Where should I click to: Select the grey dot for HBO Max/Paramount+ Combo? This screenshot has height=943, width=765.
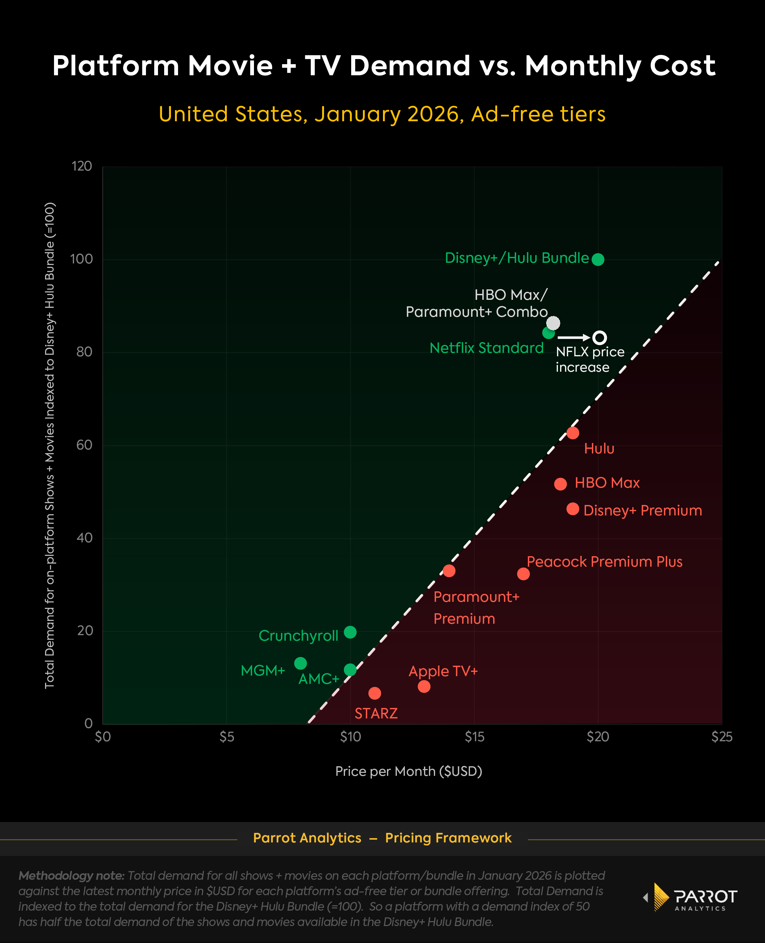point(553,323)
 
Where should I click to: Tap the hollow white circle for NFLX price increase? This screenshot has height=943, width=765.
point(599,338)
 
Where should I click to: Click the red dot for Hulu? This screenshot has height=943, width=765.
point(572,433)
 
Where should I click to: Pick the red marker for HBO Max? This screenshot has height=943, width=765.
point(560,484)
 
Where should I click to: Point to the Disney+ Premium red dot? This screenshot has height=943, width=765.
point(572,509)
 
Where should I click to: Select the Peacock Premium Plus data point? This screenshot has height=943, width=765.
point(523,574)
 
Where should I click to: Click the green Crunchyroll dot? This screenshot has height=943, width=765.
point(350,632)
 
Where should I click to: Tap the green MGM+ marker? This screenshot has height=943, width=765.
point(300,663)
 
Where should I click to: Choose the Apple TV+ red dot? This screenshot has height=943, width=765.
point(424,687)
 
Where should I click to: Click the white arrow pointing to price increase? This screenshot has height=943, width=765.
point(573,338)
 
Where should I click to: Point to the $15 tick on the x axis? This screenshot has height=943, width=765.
point(474,737)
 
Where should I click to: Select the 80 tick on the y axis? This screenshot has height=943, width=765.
point(84,352)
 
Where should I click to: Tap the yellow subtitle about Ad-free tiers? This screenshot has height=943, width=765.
point(382,114)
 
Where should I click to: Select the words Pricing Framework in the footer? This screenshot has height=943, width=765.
point(448,838)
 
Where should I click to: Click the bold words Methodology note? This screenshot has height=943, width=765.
point(71,876)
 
